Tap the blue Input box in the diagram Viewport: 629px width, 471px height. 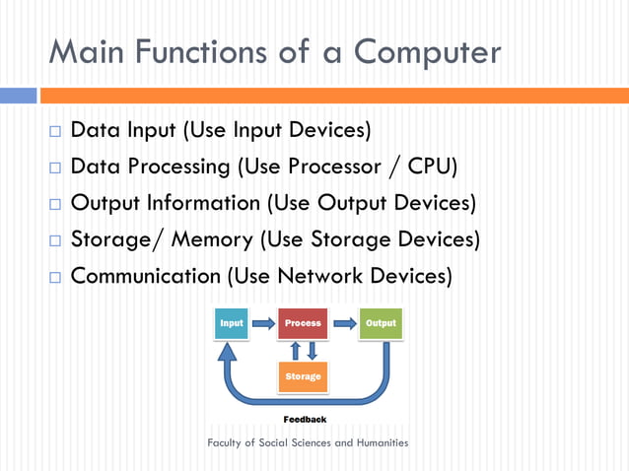(232, 323)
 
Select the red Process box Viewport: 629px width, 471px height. (303, 323)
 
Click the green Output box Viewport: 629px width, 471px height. (381, 323)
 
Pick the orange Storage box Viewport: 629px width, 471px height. (303, 376)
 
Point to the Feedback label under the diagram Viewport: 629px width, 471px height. (305, 419)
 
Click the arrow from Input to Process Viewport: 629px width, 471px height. (263, 322)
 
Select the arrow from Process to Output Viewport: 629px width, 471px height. (343, 322)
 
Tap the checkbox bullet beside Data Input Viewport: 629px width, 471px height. (54, 131)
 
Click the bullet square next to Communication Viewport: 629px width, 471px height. (54, 277)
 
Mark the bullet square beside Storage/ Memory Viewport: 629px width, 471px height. (54, 240)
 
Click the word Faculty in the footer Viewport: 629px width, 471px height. (227, 442)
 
